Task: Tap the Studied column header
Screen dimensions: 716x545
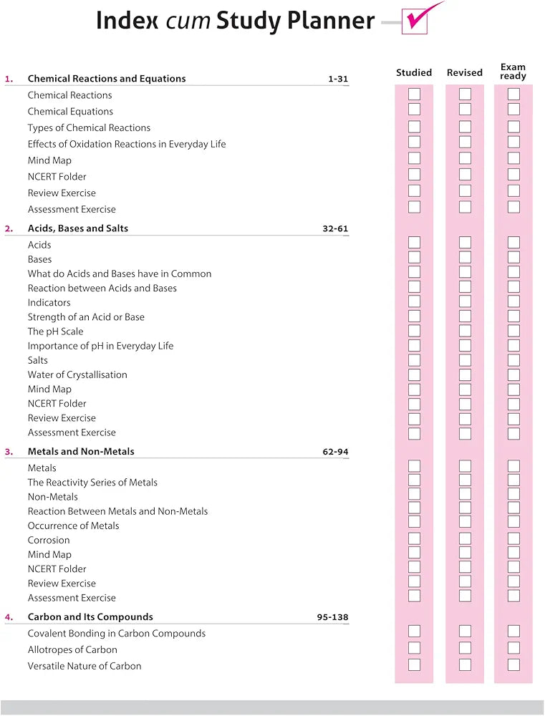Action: (414, 72)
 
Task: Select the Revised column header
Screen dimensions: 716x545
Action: (465, 72)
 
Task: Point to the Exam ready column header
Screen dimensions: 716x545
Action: (513, 72)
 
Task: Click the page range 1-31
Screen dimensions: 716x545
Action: (338, 79)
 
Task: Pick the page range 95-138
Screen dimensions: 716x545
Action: (333, 617)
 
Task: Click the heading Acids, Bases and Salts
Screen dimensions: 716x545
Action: (78, 228)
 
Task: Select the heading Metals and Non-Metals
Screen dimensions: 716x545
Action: (81, 452)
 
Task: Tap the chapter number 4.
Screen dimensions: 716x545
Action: (9, 617)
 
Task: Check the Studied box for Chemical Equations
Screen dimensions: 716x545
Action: (414, 110)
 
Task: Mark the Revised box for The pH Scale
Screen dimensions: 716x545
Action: (465, 331)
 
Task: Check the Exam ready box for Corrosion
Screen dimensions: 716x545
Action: (513, 538)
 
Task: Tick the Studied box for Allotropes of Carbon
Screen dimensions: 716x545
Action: (414, 648)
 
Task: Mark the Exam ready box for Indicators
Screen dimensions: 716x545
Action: (513, 301)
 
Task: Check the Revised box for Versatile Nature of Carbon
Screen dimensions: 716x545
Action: (465, 664)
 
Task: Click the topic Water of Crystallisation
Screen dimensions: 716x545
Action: (77, 374)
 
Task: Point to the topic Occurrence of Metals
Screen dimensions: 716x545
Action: (74, 526)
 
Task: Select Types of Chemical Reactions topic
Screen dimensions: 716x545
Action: (89, 128)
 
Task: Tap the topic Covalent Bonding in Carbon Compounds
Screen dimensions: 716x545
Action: (117, 634)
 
